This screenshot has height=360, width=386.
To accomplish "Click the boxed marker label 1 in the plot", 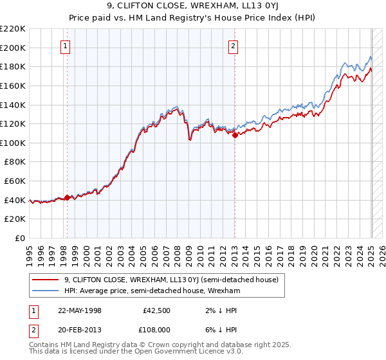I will (66, 46).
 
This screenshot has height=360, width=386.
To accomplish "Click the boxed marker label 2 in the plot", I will (232, 46).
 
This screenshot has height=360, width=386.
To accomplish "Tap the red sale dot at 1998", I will (68, 197).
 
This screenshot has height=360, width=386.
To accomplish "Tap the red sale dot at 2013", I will (235, 135).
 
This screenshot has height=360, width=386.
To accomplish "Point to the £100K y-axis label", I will (13, 143).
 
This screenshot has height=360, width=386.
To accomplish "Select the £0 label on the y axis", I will (19, 238).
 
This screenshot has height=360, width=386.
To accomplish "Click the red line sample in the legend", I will (45, 280).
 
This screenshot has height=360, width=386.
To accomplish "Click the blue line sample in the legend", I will (45, 291).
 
